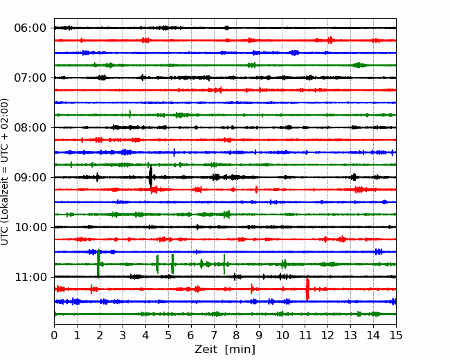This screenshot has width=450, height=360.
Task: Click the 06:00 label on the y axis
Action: click(30, 28)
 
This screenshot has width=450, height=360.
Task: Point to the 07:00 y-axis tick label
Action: click(30, 78)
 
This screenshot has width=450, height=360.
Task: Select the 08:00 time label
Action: click(30, 127)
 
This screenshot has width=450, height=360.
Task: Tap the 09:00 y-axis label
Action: click(30, 177)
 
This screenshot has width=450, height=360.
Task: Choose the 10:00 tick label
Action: click(30, 227)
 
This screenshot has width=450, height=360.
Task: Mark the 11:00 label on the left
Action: click(30, 277)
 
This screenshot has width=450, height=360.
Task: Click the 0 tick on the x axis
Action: click(55, 336)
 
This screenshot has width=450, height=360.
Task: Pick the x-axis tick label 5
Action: click(168, 336)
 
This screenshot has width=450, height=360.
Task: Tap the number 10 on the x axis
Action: click(282, 336)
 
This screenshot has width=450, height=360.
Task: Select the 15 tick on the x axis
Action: click(395, 336)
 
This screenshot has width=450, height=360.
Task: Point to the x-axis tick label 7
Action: click(214, 336)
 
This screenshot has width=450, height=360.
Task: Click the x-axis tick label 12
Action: click(327, 336)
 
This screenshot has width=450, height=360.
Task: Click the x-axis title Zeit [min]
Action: click(225, 350)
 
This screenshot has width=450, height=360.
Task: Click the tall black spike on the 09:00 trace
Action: click(150, 177)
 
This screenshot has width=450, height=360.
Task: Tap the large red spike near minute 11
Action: click(307, 289)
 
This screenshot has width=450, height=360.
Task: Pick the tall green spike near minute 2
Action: click(98, 263)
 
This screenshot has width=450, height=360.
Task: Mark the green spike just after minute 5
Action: click(172, 263)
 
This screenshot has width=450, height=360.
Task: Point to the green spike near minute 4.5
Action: click(157, 264)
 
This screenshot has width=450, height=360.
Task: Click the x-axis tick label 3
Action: click(123, 336)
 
